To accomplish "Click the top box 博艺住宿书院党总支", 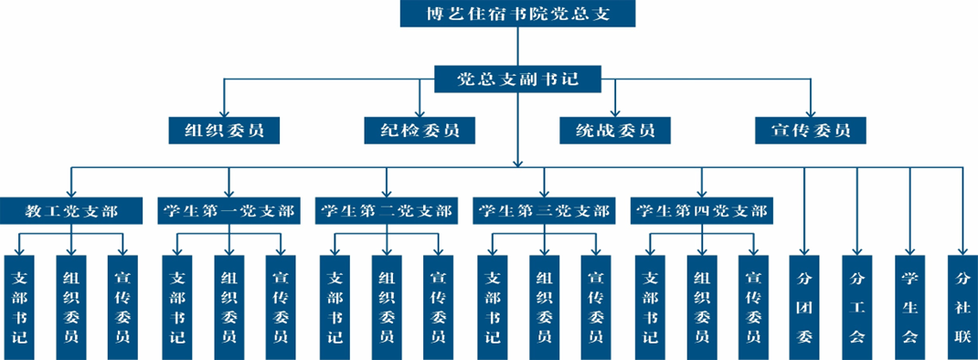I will [517, 15].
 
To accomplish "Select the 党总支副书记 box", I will [517, 79].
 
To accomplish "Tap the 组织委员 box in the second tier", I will [224, 130].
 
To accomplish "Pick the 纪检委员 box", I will [420, 130].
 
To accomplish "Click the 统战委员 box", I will [614, 130].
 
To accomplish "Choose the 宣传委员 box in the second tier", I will [810, 130].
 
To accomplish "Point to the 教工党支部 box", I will [71, 211].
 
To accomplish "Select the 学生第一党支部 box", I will [229, 211].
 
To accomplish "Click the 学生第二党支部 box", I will [386, 211].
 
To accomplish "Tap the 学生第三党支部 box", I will [543, 211].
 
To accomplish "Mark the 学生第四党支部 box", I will [701, 211].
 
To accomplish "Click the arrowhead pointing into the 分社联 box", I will [962, 249].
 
